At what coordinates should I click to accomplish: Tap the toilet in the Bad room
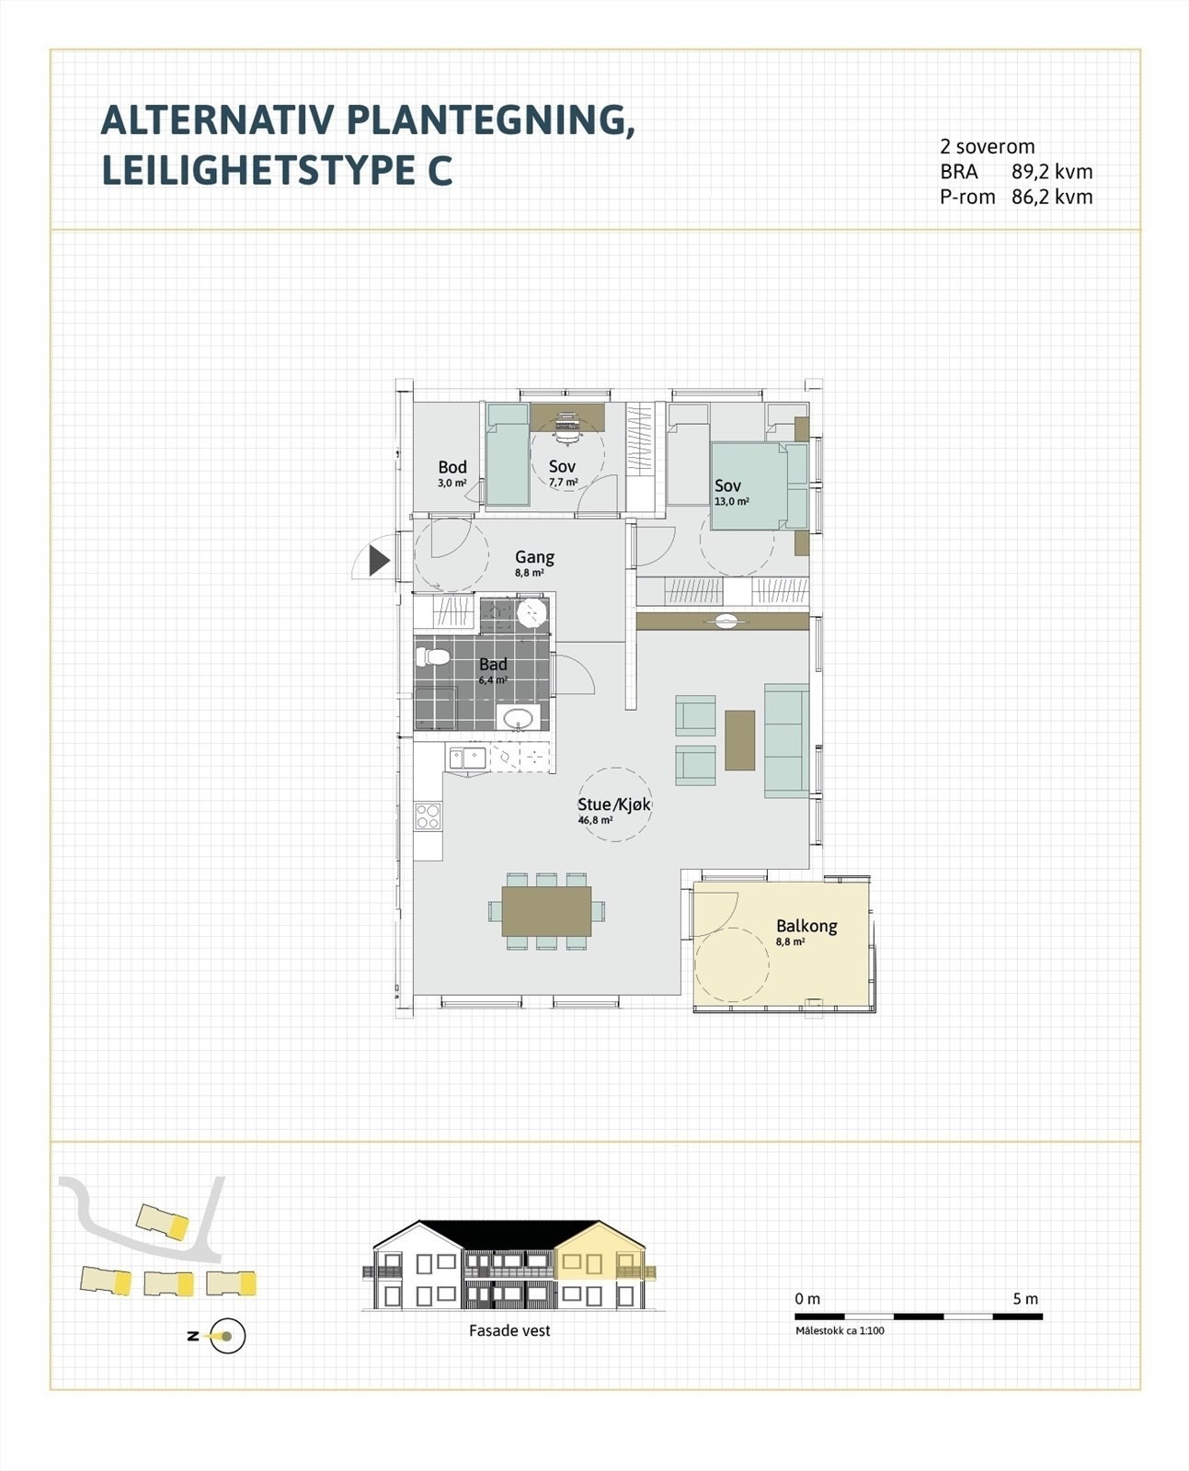(x=431, y=656)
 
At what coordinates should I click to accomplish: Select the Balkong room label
(x=806, y=926)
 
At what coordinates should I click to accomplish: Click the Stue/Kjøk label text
(x=613, y=804)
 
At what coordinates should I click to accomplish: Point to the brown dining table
(x=546, y=910)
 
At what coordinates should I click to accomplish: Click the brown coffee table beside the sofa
(x=739, y=740)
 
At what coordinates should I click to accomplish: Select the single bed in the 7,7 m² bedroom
(x=507, y=454)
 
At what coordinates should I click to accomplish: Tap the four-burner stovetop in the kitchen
(x=429, y=815)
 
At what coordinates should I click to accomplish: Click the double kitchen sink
(x=467, y=758)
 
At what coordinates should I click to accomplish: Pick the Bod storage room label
(x=452, y=467)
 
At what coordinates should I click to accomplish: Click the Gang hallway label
(x=534, y=557)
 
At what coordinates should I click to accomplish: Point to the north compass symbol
(x=225, y=1336)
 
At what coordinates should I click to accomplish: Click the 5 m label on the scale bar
(x=1024, y=1299)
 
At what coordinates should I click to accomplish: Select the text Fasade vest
(x=509, y=1330)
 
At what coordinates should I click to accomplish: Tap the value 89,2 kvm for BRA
(x=1051, y=172)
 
